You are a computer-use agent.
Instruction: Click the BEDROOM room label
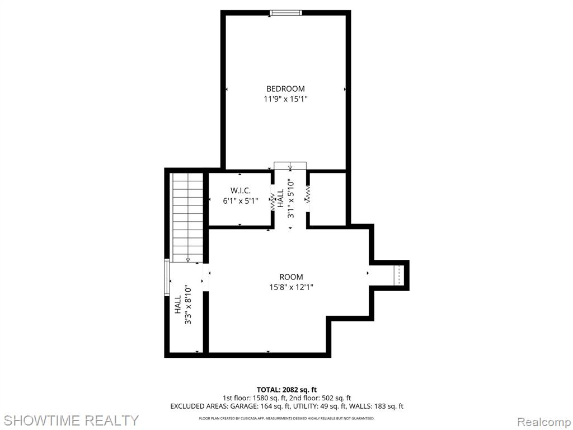point(285,89)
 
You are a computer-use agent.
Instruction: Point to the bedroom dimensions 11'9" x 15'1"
point(286,99)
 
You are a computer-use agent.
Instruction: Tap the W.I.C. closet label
point(241,190)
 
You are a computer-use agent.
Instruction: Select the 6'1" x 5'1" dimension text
point(241,201)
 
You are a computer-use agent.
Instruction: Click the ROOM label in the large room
point(291,277)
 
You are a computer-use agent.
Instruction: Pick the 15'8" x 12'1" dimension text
point(291,287)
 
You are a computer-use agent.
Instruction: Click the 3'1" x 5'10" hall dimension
point(290,198)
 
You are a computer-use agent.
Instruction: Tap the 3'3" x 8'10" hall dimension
point(188,305)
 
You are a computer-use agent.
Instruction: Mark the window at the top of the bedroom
point(286,13)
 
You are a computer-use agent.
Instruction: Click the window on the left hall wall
point(167,277)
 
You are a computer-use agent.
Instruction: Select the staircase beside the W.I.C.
point(187,217)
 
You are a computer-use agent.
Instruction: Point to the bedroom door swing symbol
point(290,166)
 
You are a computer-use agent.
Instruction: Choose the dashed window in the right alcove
point(399,275)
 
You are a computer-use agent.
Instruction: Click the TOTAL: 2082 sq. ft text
point(286,390)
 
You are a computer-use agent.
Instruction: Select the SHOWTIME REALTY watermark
point(72,420)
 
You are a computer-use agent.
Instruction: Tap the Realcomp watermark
point(544,422)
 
